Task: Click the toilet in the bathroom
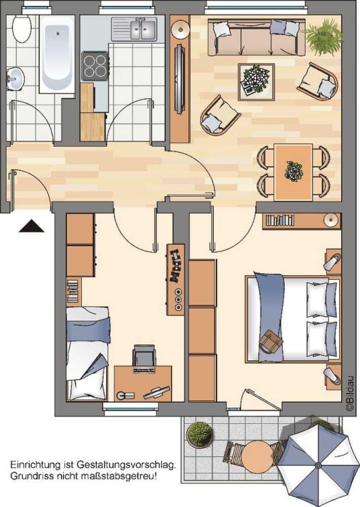[x=21, y=27]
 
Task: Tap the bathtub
[x=57, y=54]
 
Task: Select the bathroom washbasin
[x=15, y=78]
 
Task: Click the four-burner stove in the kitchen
[x=95, y=66]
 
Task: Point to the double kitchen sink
[x=134, y=28]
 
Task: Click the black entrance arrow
[x=32, y=226]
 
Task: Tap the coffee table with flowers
[x=256, y=82]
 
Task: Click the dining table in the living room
[x=294, y=172]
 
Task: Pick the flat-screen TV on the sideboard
[x=180, y=79]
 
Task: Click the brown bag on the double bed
[x=271, y=342]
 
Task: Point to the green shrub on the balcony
[x=200, y=435]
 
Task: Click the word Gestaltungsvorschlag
[x=127, y=465]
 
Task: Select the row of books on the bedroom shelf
[x=280, y=220]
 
